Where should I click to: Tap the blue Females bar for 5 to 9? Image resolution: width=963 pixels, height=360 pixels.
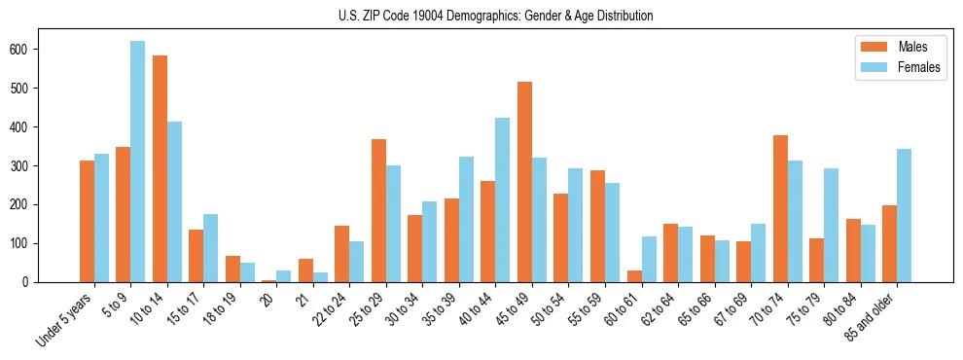(137, 162)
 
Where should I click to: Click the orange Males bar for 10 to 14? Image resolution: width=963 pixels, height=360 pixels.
(160, 168)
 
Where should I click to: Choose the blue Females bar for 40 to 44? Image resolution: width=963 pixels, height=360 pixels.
(502, 199)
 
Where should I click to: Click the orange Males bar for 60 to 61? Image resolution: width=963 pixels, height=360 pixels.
(633, 276)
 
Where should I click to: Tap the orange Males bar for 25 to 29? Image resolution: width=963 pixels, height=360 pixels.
(378, 210)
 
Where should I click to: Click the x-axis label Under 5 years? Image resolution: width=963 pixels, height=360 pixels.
(66, 319)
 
